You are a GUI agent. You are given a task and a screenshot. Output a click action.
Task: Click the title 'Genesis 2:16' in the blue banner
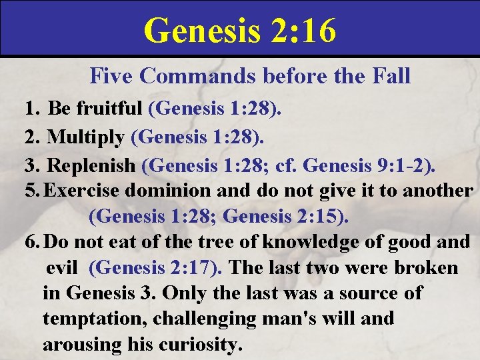tap(239, 29)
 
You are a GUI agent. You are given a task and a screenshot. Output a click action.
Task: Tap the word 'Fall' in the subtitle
tap(391, 76)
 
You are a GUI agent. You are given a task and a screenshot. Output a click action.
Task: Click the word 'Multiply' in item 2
tap(86, 137)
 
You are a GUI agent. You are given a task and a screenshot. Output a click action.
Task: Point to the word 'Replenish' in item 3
tap(93, 164)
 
